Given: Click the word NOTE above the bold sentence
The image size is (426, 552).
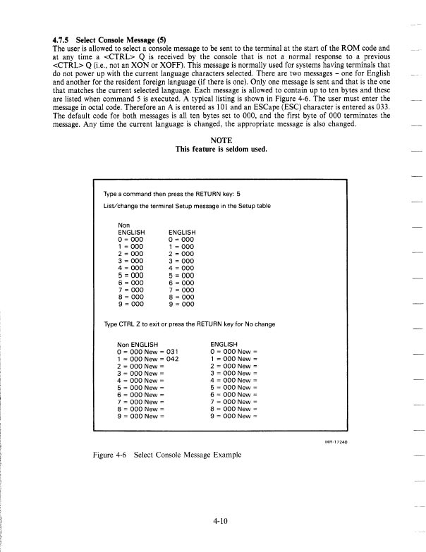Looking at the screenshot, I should (x=212, y=140).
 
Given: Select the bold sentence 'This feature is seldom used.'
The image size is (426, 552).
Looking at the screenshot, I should (x=212, y=149).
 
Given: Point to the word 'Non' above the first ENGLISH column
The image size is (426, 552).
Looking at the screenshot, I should (x=124, y=223).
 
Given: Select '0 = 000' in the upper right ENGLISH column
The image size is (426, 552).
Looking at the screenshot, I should (x=181, y=238).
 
